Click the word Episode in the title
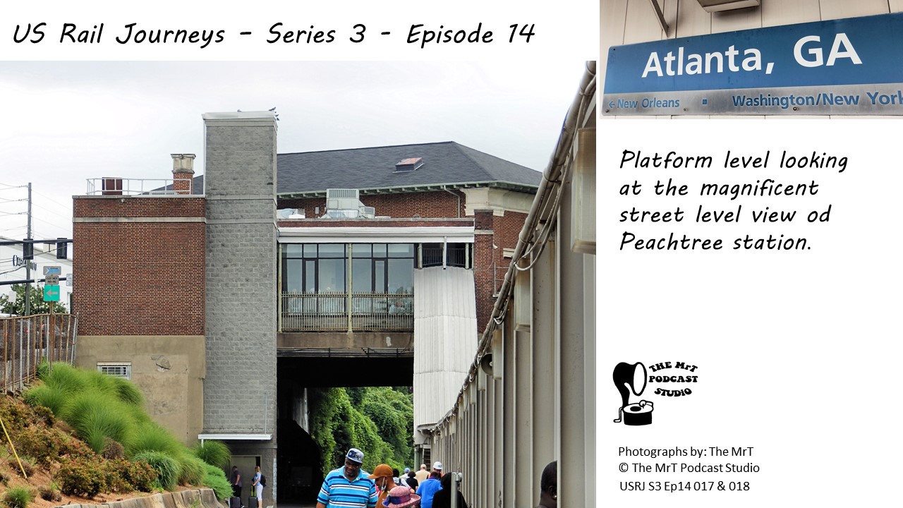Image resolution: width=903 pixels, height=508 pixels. [x=450, y=35]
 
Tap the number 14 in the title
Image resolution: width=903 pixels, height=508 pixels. [x=520, y=33]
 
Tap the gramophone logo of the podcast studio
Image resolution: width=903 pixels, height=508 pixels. [x=633, y=393]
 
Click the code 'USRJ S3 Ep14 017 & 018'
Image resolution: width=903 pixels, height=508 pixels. [x=684, y=486]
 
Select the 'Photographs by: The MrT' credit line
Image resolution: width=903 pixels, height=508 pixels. [x=685, y=451]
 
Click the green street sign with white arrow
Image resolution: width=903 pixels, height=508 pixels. [x=51, y=293]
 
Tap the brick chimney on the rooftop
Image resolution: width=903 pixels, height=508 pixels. [x=183, y=174]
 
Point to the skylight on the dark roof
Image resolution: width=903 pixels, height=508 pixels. [x=408, y=164]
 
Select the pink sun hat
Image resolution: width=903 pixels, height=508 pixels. [x=401, y=497]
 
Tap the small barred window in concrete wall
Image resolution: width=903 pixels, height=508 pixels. [x=114, y=370]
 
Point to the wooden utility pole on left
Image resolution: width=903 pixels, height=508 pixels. [x=28, y=249]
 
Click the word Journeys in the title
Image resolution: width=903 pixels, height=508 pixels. [x=170, y=35]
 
